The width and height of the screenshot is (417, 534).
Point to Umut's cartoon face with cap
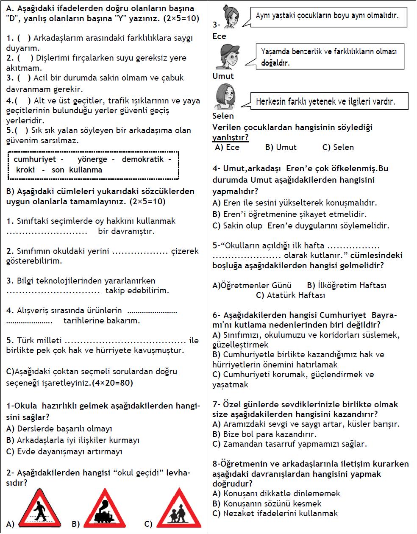tap(225, 56)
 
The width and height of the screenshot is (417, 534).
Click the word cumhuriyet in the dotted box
tap(35, 160)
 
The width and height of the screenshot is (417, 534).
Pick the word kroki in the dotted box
tap(26, 170)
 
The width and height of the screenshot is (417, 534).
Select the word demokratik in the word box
tap(143, 160)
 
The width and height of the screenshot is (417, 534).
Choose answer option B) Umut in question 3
tap(281, 147)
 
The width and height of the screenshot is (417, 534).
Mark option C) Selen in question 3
tap(338, 147)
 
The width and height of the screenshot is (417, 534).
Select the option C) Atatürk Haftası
tap(291, 295)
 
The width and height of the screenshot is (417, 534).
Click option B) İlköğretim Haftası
tap(347, 285)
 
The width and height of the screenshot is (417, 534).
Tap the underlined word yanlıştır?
tap(230, 137)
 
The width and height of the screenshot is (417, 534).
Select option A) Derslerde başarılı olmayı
tap(59, 429)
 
